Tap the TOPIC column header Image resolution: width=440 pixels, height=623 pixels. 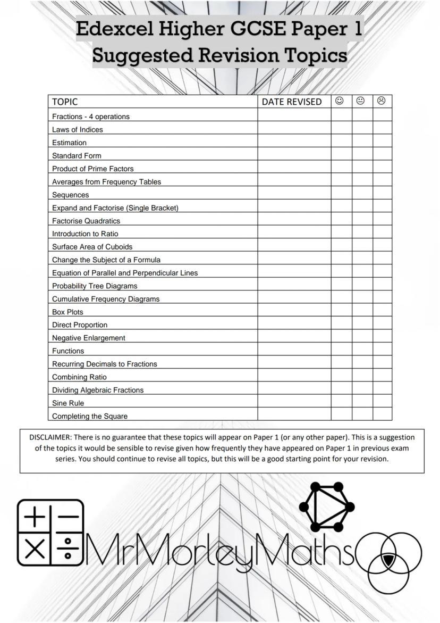(65, 102)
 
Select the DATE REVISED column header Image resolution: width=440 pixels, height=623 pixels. (292, 102)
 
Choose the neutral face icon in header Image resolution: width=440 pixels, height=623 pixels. (361, 101)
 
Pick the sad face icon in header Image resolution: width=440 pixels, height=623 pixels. (382, 101)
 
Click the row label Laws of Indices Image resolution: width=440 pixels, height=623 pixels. (78, 129)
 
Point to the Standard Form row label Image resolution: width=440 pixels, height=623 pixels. (77, 155)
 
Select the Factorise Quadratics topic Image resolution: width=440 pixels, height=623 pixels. (86, 221)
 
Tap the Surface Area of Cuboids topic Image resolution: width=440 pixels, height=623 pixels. (92, 247)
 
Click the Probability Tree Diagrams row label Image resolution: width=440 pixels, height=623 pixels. (95, 286)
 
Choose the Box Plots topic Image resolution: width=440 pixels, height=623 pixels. (67, 312)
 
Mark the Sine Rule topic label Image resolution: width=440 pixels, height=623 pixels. (68, 403)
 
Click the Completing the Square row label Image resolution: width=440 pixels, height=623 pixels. (90, 416)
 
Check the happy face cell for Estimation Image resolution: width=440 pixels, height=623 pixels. (341, 142)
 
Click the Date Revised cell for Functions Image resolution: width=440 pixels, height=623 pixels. (294, 351)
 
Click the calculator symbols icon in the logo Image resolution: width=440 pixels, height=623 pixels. (50, 533)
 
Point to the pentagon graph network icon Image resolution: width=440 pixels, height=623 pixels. (326, 506)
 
